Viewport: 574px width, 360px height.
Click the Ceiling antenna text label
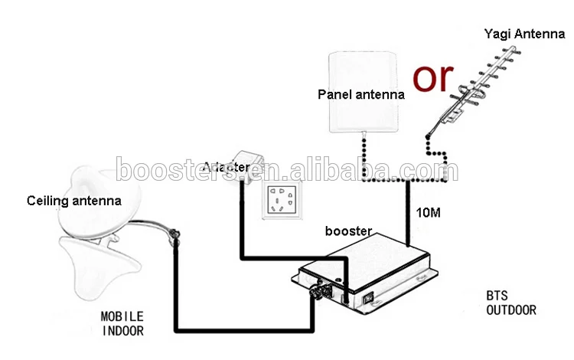click(x=74, y=201)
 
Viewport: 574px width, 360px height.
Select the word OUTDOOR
click(x=510, y=310)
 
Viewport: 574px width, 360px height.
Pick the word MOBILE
click(x=122, y=316)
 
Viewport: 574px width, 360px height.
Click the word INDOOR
click(x=122, y=331)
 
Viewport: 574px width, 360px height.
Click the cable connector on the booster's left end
click(x=317, y=294)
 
